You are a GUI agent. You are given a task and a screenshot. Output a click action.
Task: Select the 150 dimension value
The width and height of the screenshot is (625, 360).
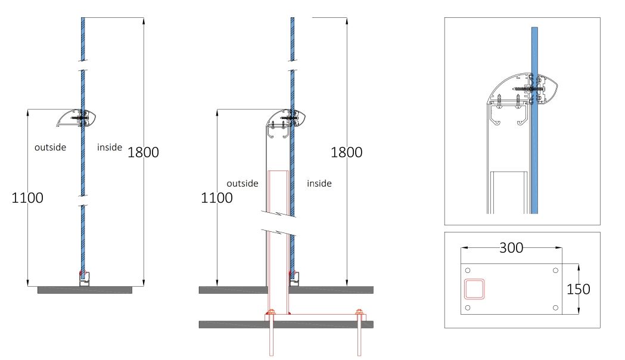pos(579,289)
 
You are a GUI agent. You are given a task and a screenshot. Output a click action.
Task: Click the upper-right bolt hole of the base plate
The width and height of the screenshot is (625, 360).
pos(555,271)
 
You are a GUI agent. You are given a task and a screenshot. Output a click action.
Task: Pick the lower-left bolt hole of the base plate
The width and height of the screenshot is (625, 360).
pos(467,308)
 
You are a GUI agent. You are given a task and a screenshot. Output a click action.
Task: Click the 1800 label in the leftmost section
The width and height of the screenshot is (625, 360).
pos(143,152)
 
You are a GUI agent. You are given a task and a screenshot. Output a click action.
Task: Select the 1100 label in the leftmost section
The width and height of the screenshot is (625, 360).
pos(27,198)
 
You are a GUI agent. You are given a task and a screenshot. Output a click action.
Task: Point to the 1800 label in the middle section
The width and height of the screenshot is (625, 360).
pos(346,152)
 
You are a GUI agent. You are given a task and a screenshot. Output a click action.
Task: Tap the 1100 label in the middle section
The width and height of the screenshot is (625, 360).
pos(216,198)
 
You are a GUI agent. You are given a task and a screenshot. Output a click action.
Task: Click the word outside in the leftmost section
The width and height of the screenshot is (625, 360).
pos(50,147)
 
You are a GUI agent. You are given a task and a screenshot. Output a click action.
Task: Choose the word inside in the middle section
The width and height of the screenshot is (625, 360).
pos(319,184)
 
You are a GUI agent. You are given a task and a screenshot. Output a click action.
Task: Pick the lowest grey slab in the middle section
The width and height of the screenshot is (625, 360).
pos(286,324)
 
